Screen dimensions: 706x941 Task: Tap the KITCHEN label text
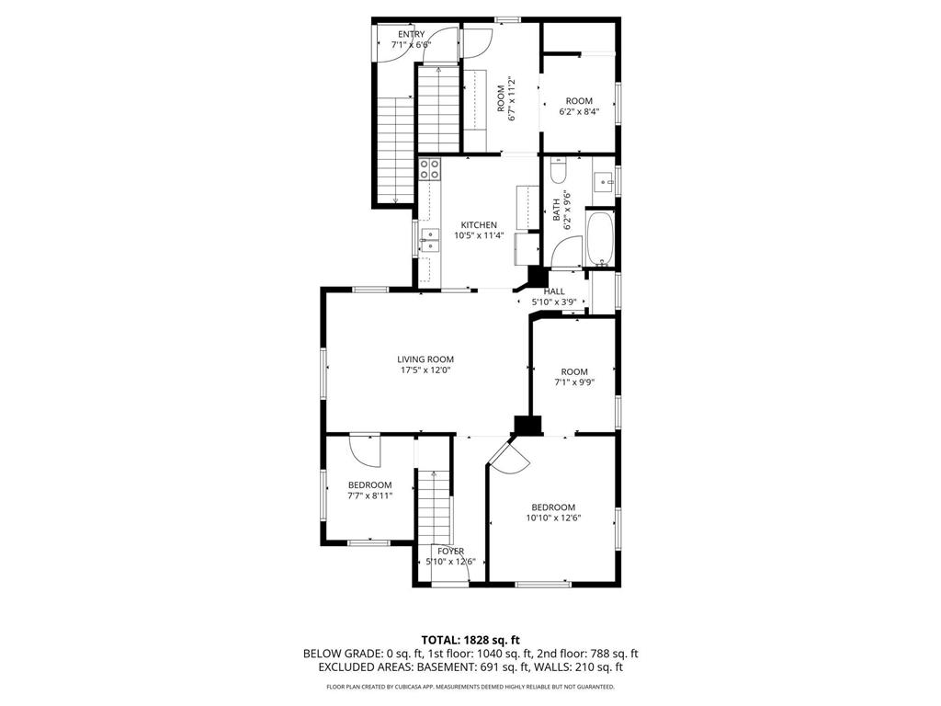[479, 224]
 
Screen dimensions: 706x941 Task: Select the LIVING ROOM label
[425, 359]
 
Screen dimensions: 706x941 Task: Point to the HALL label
[554, 291]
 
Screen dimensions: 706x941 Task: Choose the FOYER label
[450, 552]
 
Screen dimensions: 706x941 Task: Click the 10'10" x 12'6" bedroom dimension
[554, 518]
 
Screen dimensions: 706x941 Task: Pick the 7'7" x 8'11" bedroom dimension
[369, 496]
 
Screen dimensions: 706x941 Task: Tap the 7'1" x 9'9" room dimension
[574, 383]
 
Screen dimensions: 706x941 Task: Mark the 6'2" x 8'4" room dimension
[579, 112]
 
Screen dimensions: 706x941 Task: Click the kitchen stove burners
[429, 168]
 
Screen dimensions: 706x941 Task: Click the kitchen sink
[429, 241]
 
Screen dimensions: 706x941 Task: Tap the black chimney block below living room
[527, 425]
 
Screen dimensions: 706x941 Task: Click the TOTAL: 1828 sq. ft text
[470, 639]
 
